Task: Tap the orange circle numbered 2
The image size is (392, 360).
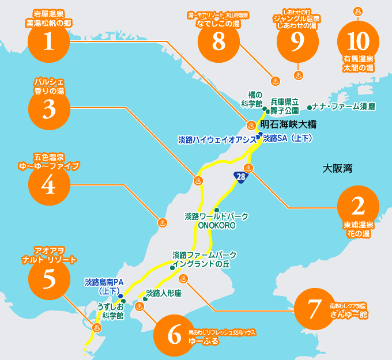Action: tap(359, 206)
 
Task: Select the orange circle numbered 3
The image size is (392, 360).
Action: tap(48, 109)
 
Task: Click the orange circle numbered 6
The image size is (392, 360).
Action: tap(174, 336)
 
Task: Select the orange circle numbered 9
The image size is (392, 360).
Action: tap(297, 41)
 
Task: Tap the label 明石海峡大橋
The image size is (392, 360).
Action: tap(288, 124)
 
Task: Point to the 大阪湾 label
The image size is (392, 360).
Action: tap(337, 169)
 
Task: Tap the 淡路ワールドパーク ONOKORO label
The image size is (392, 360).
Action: tap(216, 221)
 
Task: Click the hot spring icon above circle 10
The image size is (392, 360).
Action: tap(357, 11)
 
